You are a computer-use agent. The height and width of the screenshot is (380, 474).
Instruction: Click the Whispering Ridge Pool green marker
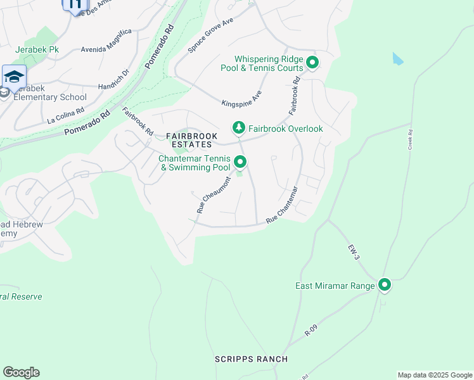click(312, 63)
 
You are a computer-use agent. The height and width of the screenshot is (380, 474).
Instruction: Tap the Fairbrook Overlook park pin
click(238, 129)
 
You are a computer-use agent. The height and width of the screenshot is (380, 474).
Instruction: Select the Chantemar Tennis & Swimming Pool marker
click(240, 163)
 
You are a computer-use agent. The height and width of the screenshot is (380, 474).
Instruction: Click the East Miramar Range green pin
click(385, 286)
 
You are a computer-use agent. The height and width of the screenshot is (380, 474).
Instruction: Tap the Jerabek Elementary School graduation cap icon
click(14, 77)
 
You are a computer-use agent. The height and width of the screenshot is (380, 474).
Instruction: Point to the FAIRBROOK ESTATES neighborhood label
click(191, 141)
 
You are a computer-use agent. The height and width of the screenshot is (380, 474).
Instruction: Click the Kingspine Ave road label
click(242, 98)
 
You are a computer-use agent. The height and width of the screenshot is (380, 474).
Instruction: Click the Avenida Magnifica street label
click(106, 41)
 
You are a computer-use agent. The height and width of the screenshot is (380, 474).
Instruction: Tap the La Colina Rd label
click(66, 115)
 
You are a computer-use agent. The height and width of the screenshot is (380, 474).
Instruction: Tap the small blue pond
click(397, 59)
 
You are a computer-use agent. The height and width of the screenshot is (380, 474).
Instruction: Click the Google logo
click(21, 372)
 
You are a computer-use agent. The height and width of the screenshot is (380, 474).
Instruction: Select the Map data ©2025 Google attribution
click(434, 375)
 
